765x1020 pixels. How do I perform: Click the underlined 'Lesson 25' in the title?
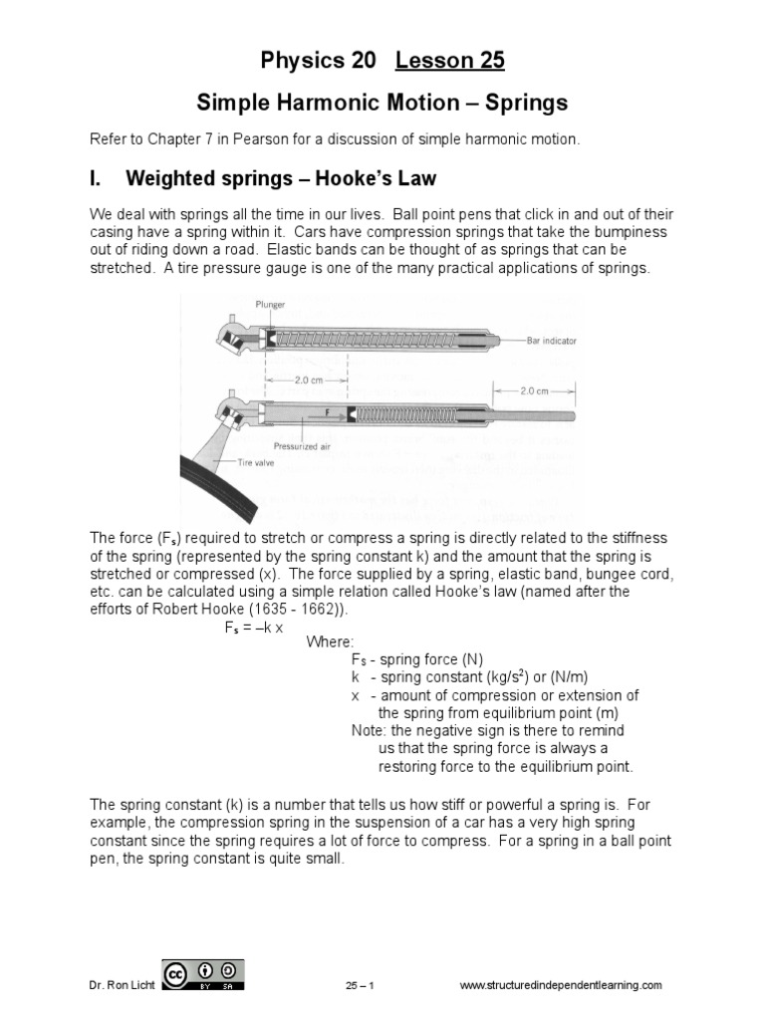450,61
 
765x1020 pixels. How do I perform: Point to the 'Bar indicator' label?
551,341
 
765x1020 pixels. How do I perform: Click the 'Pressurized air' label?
302,447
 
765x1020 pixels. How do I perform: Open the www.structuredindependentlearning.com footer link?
560,985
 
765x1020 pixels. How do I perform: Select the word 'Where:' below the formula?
330,641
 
